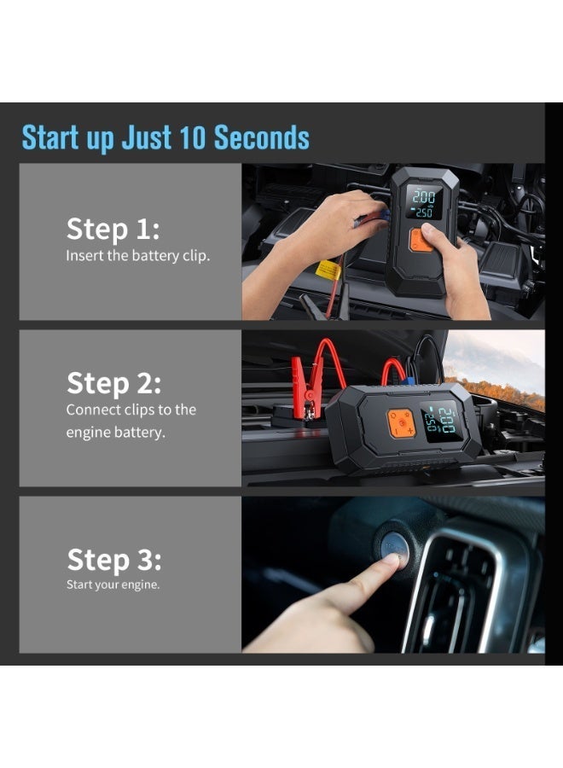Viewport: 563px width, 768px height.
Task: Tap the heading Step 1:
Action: (113, 230)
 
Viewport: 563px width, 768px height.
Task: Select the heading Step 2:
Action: (113, 383)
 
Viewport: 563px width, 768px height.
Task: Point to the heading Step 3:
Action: (113, 561)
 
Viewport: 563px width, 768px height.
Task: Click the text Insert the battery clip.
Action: (137, 256)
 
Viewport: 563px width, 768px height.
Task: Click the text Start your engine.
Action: (113, 585)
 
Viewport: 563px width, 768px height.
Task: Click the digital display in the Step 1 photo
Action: (422, 204)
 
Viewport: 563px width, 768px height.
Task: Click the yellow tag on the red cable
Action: (328, 271)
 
